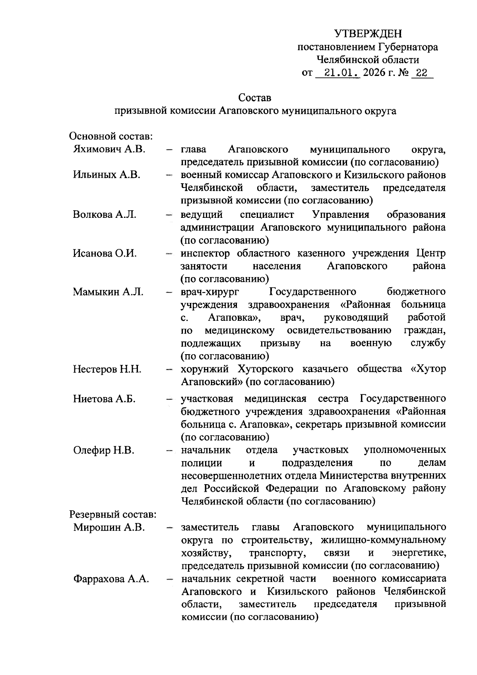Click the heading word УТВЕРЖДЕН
(368, 33)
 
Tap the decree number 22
(421, 73)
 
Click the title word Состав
(255, 97)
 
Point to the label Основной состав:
(111, 136)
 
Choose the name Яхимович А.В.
(109, 149)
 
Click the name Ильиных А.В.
(106, 175)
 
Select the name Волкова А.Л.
(105, 215)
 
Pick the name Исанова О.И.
(105, 253)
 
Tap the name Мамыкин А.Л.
(108, 292)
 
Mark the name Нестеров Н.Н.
(107, 369)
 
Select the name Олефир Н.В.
(103, 450)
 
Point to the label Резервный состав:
(113, 514)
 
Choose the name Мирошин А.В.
(108, 528)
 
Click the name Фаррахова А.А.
(111, 579)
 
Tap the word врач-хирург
(210, 292)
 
